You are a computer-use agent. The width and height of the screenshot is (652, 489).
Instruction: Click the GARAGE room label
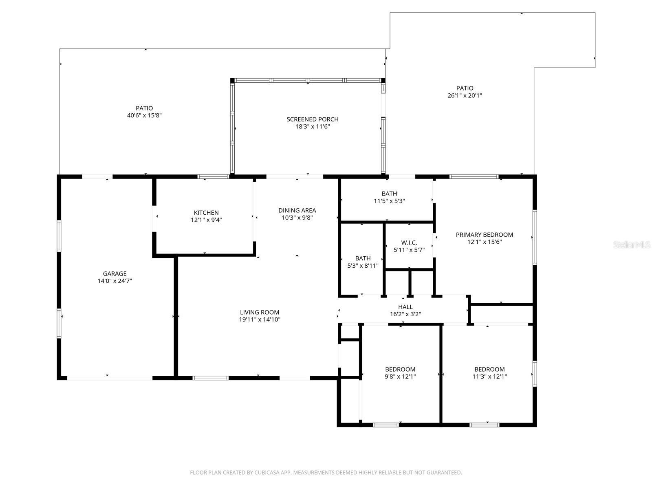(115, 274)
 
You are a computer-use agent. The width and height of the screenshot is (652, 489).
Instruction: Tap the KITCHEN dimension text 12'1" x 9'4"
(206, 220)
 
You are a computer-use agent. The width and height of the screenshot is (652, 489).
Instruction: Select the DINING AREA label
(297, 210)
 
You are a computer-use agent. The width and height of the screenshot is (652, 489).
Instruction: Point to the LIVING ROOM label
(260, 313)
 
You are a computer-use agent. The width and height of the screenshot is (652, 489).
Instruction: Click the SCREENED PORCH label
(313, 119)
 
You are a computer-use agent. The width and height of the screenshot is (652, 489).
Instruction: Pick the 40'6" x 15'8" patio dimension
(144, 115)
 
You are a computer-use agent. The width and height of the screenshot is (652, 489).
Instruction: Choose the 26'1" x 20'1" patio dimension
(465, 96)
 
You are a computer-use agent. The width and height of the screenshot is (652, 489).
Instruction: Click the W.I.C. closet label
(409, 243)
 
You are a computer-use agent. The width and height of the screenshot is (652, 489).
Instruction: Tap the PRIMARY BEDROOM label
(484, 235)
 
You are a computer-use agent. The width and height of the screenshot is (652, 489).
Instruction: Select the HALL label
(405, 307)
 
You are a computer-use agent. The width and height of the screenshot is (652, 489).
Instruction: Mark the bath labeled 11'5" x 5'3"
(389, 197)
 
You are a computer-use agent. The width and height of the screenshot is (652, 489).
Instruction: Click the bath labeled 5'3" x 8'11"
(363, 262)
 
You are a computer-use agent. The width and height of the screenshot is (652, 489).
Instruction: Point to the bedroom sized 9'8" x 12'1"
(400, 373)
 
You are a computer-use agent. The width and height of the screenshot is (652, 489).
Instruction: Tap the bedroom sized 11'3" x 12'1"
(489, 373)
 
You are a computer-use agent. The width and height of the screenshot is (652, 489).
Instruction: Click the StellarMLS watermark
(632, 245)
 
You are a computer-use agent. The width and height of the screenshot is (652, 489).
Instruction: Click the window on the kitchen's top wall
(213, 177)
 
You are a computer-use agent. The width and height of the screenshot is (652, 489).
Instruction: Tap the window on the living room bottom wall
(210, 378)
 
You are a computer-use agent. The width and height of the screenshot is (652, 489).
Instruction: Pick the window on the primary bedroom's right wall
(534, 237)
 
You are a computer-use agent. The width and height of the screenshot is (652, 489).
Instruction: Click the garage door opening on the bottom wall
(110, 378)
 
